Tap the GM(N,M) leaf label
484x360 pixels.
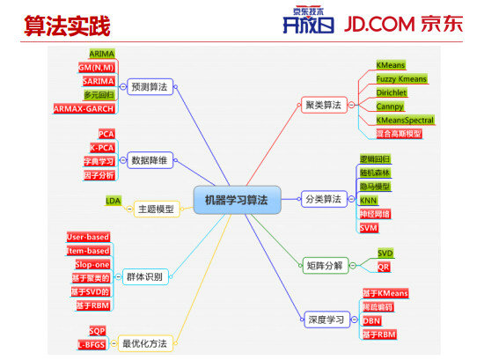pyautogui.click(x=97, y=67)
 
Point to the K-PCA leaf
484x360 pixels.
pyautogui.click(x=101, y=147)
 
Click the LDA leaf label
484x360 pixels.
pyautogui.click(x=114, y=201)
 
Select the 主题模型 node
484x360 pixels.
pyautogui.click(x=155, y=209)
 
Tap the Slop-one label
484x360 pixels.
pyautogui.click(x=92, y=264)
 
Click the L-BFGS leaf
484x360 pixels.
pyautogui.click(x=92, y=344)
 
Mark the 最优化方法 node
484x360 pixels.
pyautogui.click(x=143, y=343)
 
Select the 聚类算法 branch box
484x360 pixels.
pyautogui.click(x=322, y=105)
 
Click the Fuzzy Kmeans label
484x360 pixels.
pyautogui.click(x=401, y=79)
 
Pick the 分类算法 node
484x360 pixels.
pyautogui.click(x=322, y=199)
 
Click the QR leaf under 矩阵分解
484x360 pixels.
pyautogui.click(x=384, y=266)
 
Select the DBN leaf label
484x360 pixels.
pyautogui.click(x=371, y=321)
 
